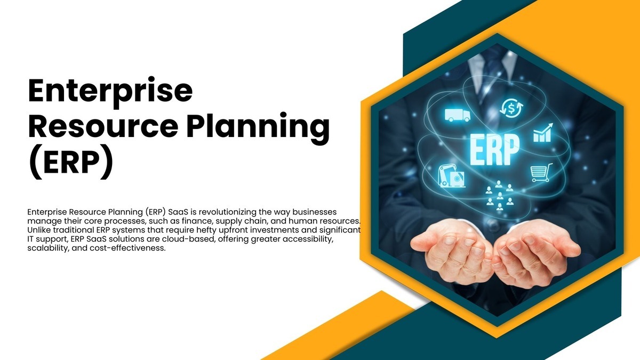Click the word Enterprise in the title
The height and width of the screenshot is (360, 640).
tap(110, 92)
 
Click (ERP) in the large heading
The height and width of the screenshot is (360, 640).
tap(70, 162)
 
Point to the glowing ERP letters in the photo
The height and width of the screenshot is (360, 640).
tap(494, 150)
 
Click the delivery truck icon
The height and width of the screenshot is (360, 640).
tap(457, 115)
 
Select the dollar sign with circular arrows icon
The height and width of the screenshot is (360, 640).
tap(511, 108)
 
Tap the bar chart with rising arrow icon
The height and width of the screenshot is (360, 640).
tap(543, 133)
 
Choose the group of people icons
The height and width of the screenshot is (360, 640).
tap(499, 195)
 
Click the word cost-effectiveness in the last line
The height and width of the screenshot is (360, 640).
tap(127, 248)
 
